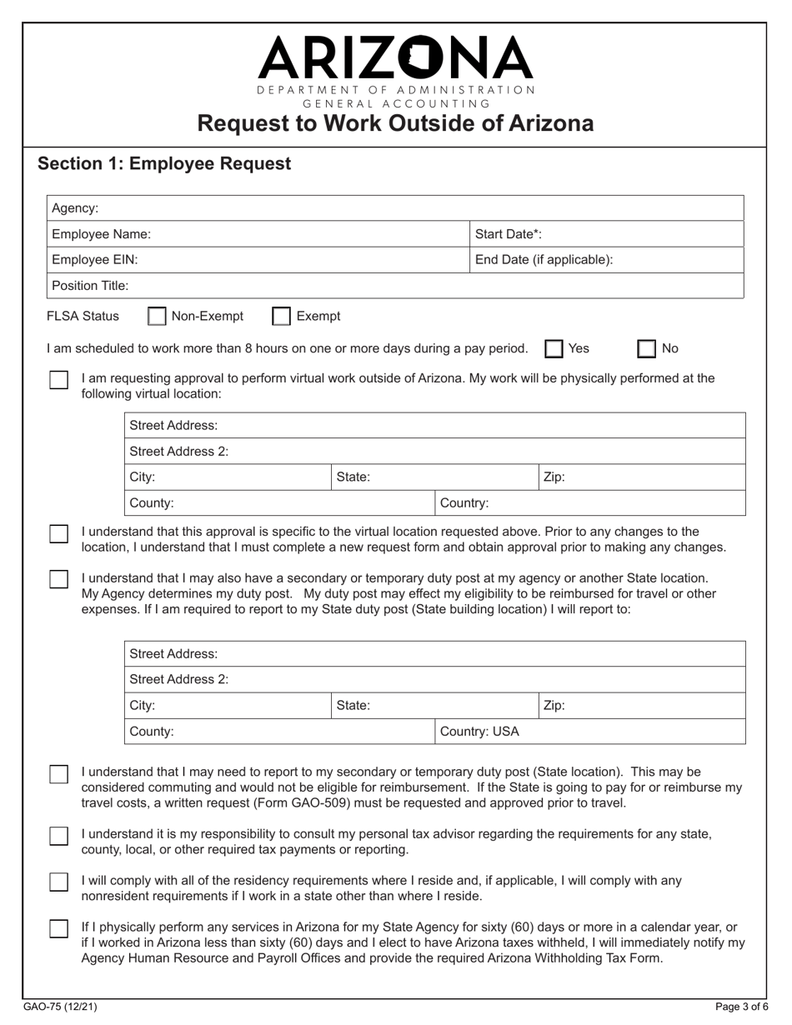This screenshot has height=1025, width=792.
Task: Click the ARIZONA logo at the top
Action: tap(395, 58)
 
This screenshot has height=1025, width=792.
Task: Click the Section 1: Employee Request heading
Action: tap(164, 163)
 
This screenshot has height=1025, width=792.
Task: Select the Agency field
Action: tap(417, 208)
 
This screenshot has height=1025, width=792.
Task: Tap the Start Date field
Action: tap(642, 234)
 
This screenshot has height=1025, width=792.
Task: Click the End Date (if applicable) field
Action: tap(675, 260)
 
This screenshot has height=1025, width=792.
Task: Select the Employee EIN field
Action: tap(300, 260)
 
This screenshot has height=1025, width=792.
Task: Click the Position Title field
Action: tap(434, 286)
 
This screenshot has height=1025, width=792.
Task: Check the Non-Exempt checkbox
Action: tap(156, 317)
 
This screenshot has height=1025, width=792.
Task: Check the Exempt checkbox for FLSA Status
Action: tap(282, 317)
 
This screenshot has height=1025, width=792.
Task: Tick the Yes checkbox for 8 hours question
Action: tap(554, 349)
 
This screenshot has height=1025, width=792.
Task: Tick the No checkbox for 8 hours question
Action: tap(647, 349)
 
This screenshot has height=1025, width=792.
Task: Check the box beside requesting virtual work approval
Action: tap(58, 380)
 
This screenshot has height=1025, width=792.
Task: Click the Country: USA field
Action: tap(589, 732)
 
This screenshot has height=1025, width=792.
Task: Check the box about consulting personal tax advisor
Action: tap(58, 836)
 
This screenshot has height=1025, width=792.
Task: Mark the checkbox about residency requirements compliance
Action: tap(58, 882)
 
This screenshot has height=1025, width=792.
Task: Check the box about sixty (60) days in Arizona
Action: tap(58, 928)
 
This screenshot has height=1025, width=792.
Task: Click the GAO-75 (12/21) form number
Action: tap(60, 1007)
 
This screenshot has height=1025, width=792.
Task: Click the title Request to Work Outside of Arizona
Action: tap(395, 124)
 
